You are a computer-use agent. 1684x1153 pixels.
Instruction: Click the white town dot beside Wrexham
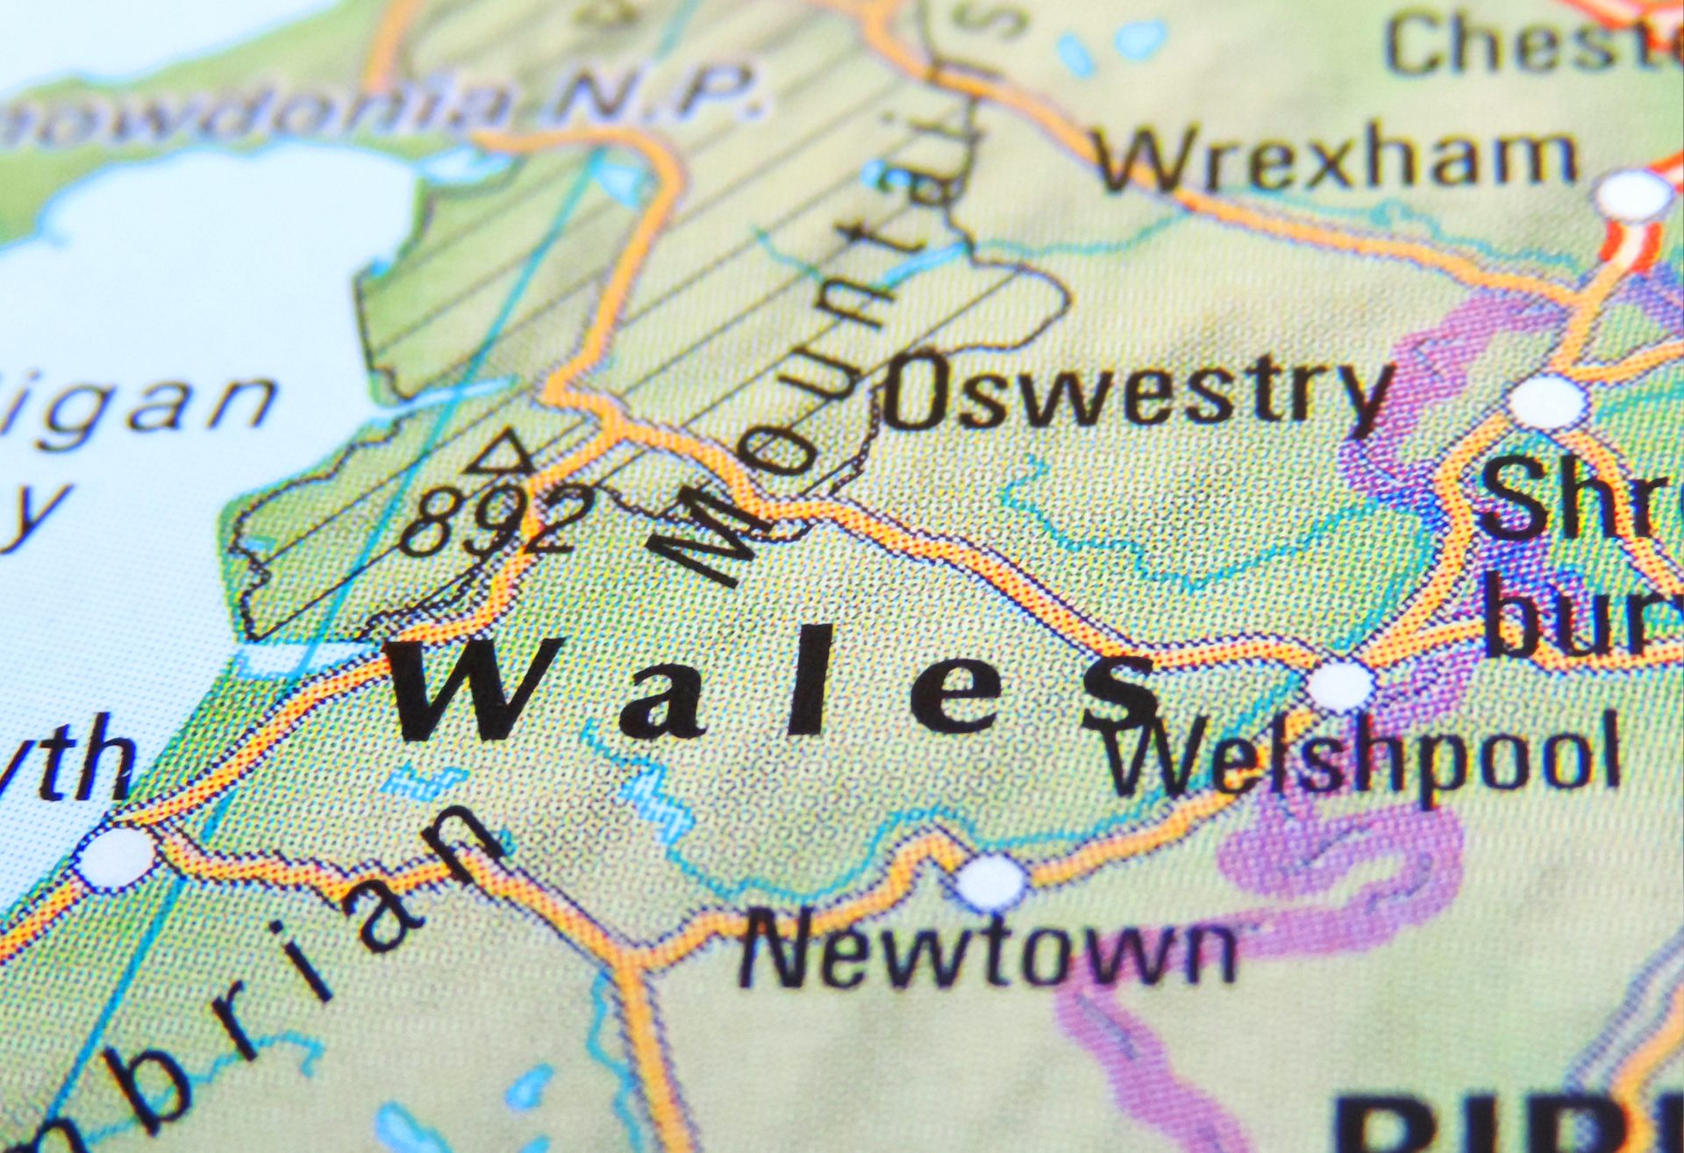click(x=1633, y=196)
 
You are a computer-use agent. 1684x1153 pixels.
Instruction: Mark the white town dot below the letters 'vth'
click(x=115, y=855)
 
